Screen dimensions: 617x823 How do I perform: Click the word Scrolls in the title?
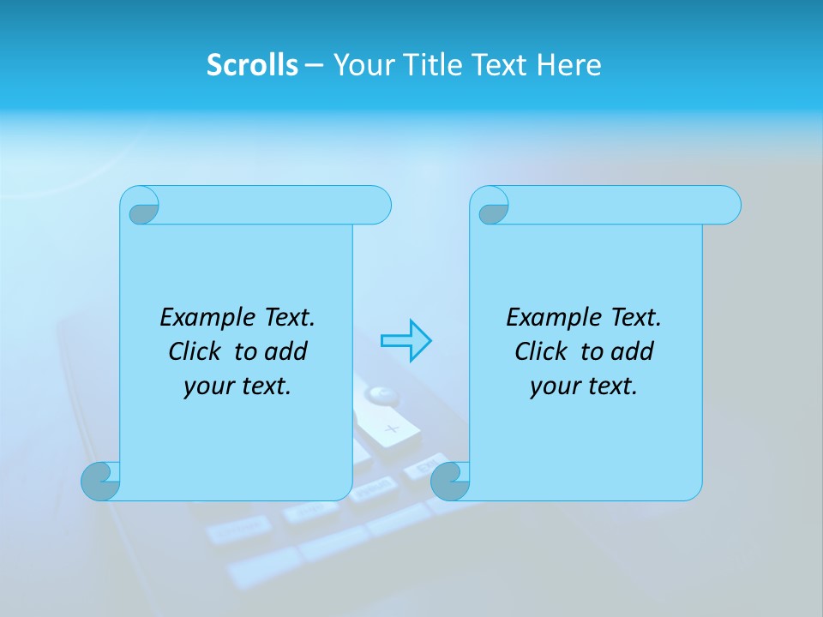252,65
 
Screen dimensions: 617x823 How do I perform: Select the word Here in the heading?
568,65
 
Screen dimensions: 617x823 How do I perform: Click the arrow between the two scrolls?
405,341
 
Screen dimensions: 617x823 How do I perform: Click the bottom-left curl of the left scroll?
102,481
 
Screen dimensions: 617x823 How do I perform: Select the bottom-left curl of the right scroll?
450,481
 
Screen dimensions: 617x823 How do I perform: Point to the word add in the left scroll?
285,351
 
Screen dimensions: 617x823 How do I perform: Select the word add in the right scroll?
632,351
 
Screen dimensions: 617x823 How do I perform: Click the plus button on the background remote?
392,428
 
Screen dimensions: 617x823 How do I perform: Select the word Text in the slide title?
499,65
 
